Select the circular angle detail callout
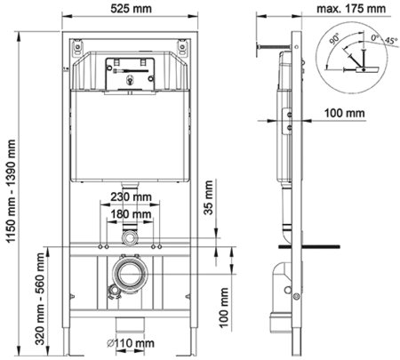click(353, 55)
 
